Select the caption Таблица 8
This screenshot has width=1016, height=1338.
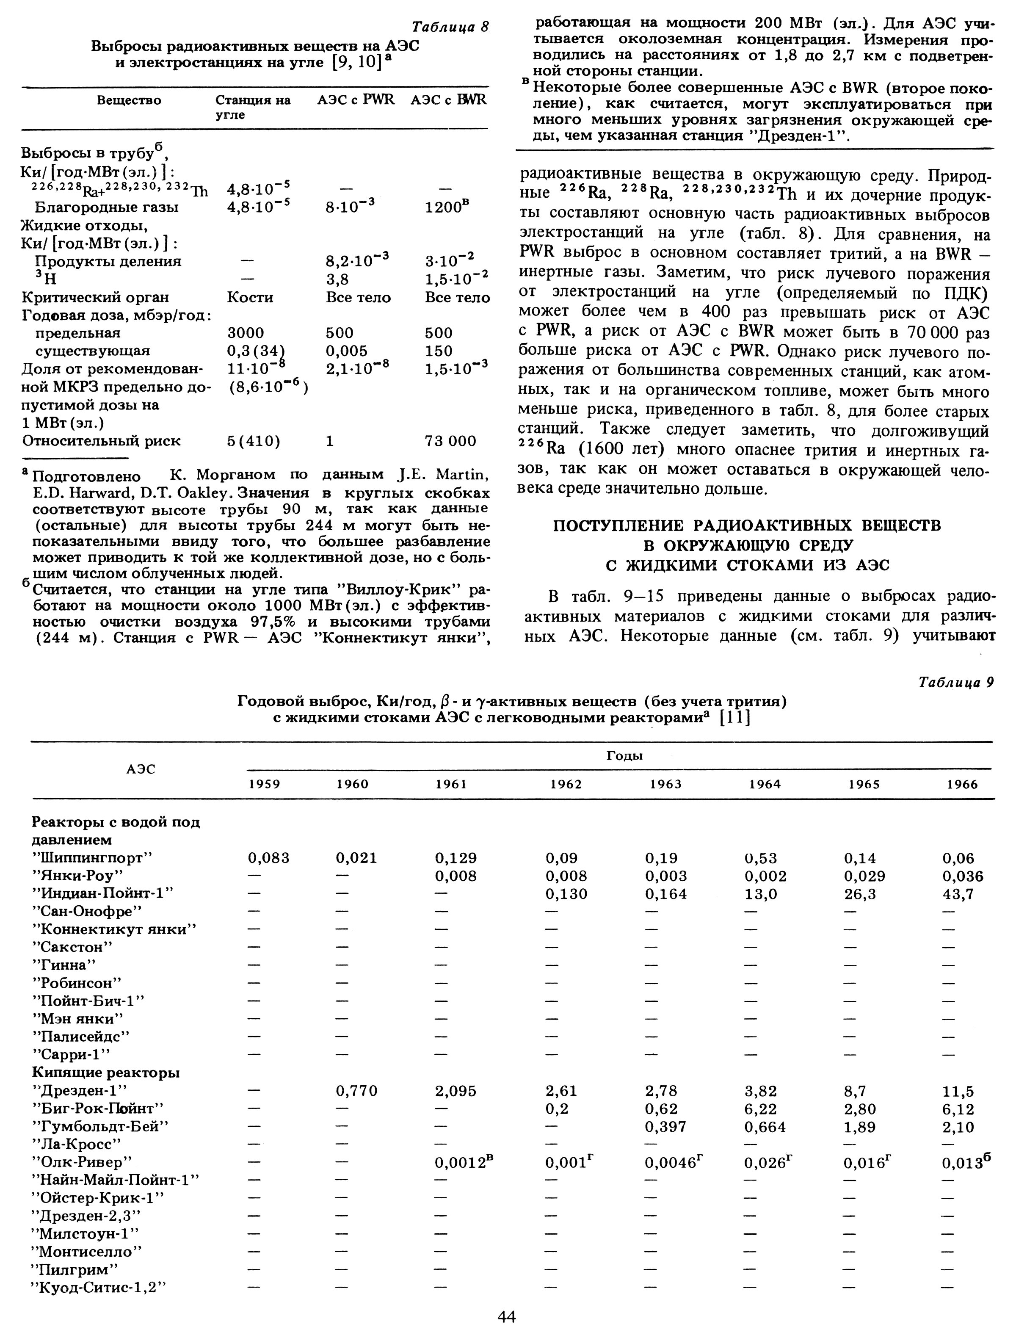click(x=450, y=27)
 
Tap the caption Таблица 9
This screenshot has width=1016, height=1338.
click(x=955, y=682)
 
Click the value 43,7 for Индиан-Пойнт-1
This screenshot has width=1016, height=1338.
click(x=958, y=893)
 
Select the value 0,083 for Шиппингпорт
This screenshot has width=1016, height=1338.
click(x=268, y=858)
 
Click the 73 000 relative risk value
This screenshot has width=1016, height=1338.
click(x=450, y=441)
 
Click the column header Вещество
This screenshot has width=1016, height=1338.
click(x=129, y=100)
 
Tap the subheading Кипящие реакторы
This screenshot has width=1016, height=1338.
click(x=105, y=1073)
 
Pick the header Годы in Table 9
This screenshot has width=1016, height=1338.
click(x=624, y=755)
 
